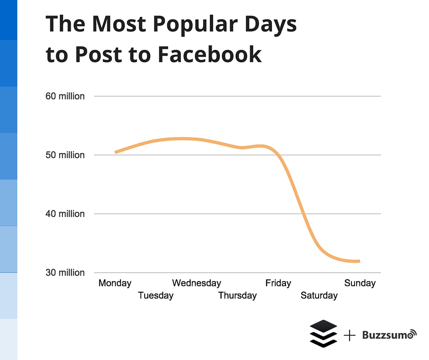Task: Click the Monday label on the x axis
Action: tap(115, 283)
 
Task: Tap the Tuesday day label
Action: tap(156, 296)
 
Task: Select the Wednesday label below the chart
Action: tap(196, 283)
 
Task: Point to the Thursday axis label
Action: tap(237, 296)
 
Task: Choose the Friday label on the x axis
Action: tap(278, 283)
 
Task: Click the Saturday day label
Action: tap(319, 296)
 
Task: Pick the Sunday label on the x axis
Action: tap(360, 283)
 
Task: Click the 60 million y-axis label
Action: tap(65, 96)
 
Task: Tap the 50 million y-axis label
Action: tap(65, 155)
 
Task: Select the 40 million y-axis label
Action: tap(65, 214)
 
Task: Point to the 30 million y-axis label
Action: tap(65, 273)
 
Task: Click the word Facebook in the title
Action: tap(209, 54)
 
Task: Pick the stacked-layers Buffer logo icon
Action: tap(323, 334)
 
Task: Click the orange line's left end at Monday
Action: tap(115, 152)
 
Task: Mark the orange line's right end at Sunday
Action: tap(359, 261)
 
